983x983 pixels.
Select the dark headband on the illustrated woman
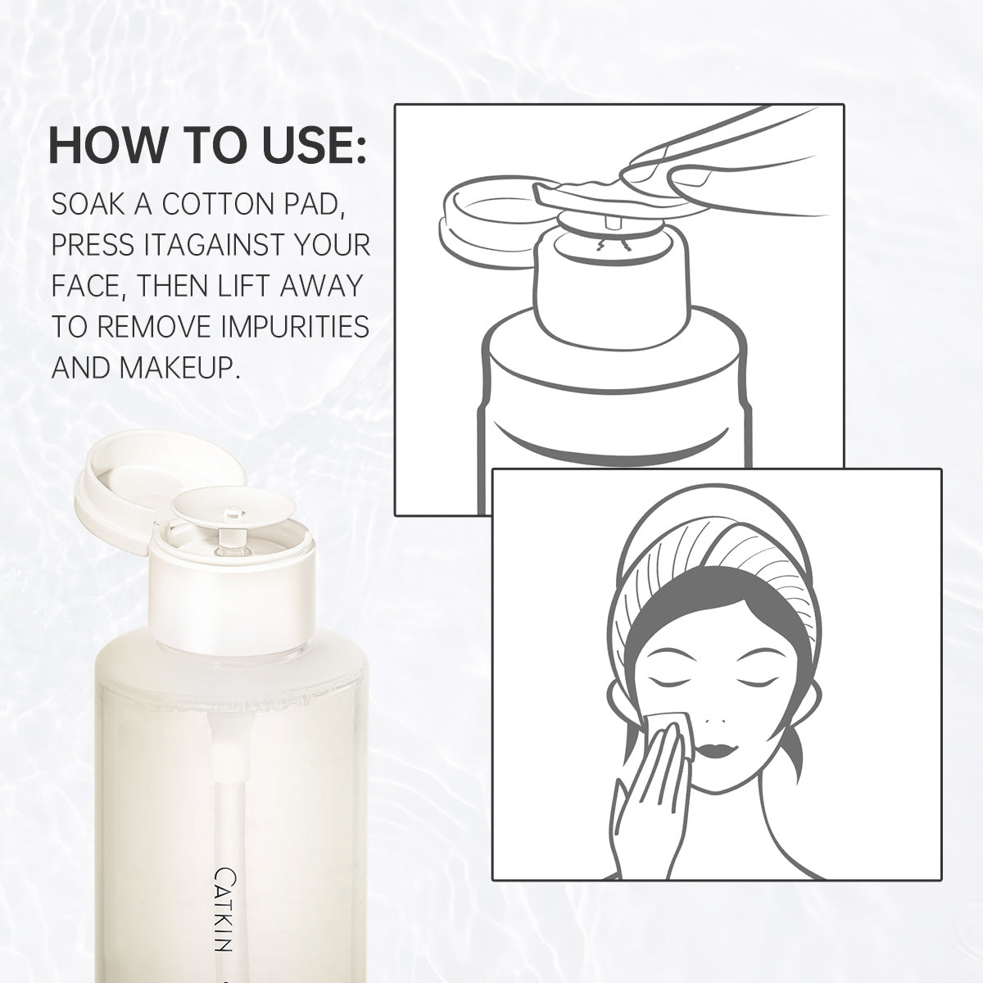(714, 612)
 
